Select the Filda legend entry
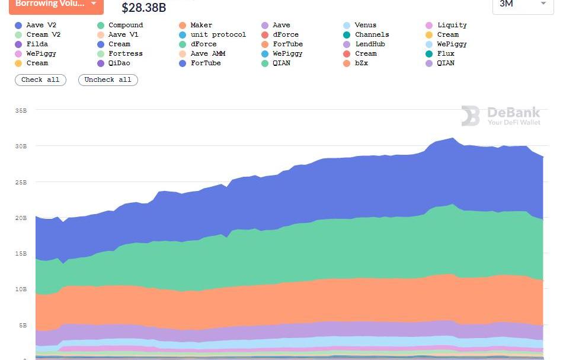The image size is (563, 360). (x=37, y=44)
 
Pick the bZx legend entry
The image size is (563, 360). (x=361, y=63)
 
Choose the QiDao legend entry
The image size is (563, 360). (x=119, y=63)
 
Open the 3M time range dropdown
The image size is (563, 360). (x=522, y=4)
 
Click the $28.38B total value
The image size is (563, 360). (x=143, y=8)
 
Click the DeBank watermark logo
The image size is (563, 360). (x=501, y=116)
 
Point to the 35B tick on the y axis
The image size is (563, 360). (x=21, y=110)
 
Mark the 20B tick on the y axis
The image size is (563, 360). (x=21, y=218)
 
